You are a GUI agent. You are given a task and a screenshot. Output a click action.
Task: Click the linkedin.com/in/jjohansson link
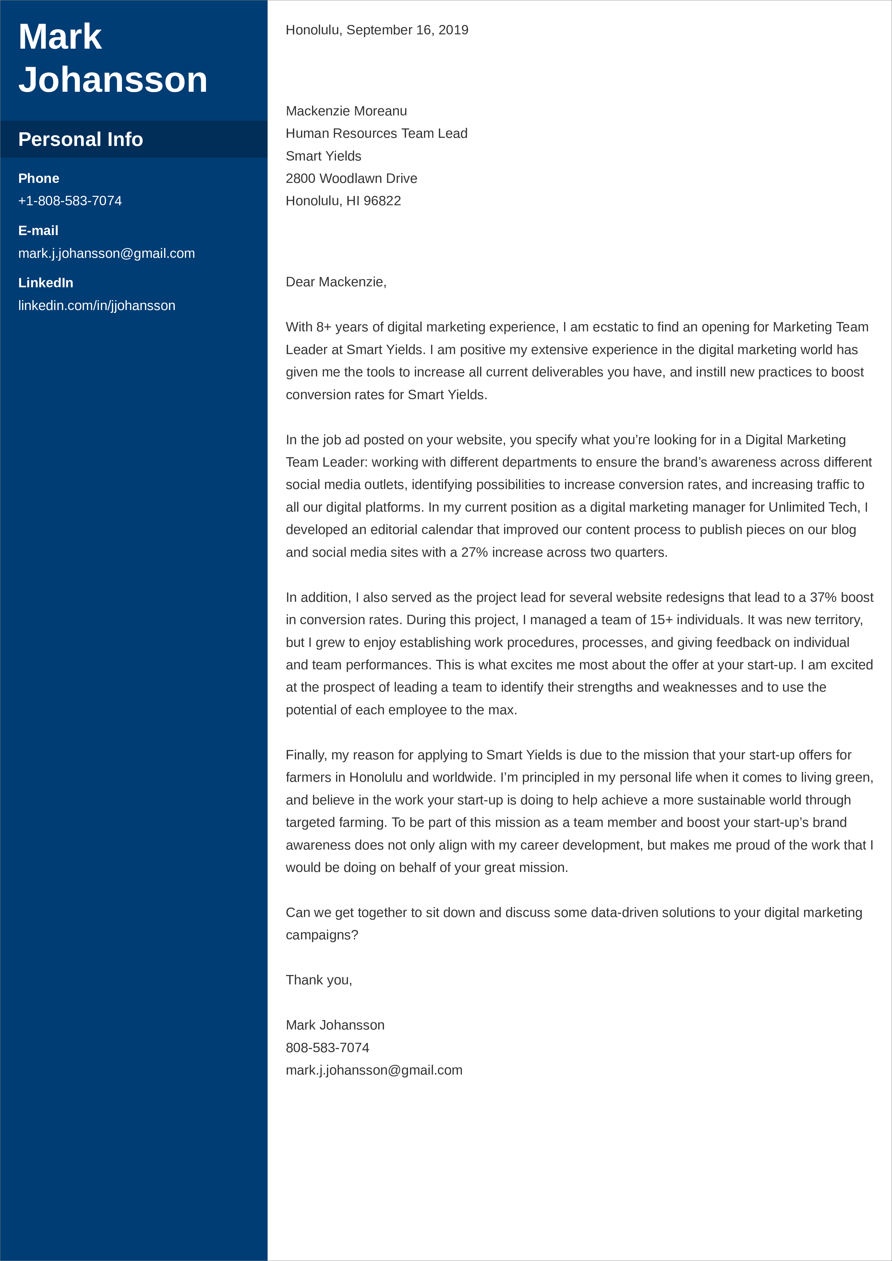point(97,305)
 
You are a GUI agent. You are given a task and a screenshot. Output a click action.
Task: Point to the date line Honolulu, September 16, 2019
point(377,30)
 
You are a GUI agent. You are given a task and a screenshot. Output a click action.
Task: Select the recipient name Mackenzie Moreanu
point(346,111)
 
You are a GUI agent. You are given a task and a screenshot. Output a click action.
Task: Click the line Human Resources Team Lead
point(376,134)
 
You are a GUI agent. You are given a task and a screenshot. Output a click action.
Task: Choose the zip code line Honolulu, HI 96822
point(343,201)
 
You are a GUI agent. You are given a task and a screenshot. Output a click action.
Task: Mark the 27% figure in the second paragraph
point(474,553)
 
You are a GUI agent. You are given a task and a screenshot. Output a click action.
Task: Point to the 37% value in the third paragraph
point(823,598)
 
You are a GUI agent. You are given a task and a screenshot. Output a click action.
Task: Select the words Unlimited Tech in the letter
point(813,507)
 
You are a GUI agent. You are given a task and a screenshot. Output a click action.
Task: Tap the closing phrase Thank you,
point(319,980)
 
